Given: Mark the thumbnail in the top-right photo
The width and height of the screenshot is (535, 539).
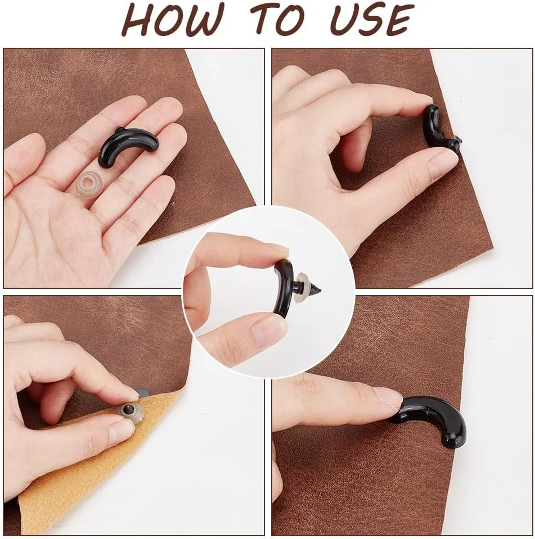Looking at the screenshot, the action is click(441, 167).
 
